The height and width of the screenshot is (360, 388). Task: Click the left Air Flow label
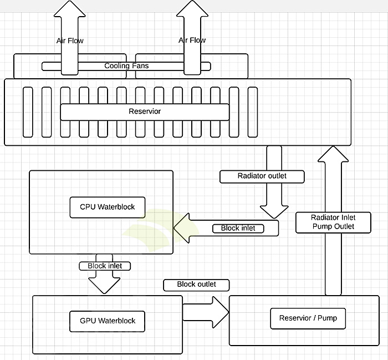click(x=70, y=40)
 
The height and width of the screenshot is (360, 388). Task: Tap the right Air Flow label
click(x=192, y=40)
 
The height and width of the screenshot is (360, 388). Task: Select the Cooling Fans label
click(x=126, y=66)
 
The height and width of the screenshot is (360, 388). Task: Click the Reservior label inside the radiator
click(x=145, y=111)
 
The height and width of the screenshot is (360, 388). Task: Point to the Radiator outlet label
click(x=262, y=176)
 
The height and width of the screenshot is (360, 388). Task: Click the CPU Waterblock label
click(x=108, y=207)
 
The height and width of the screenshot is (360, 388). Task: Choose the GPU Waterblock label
click(x=108, y=321)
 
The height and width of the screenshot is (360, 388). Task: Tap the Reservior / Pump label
click(x=308, y=318)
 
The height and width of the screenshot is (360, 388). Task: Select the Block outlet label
click(x=196, y=285)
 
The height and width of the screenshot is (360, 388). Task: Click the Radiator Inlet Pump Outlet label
click(x=333, y=222)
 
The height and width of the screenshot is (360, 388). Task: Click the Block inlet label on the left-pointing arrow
click(x=238, y=228)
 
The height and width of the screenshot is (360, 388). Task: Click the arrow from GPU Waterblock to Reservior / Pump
click(x=205, y=312)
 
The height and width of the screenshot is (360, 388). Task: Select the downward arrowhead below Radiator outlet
click(x=274, y=211)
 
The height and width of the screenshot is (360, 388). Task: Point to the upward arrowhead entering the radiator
click(x=333, y=154)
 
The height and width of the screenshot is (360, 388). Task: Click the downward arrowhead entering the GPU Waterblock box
click(x=104, y=284)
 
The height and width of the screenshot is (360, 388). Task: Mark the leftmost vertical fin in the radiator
click(x=28, y=111)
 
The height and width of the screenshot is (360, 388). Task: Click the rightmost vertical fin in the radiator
click(x=253, y=111)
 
